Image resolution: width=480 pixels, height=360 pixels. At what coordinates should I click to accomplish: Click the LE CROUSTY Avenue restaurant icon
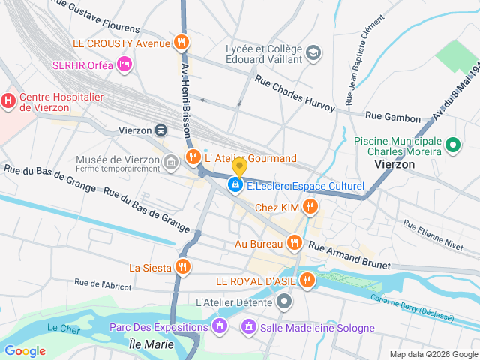coord(180,43)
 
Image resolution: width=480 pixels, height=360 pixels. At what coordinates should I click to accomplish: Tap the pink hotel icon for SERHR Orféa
coord(124,65)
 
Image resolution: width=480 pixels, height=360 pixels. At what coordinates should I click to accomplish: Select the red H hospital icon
coord(8,99)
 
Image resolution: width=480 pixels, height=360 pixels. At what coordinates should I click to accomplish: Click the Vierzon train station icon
coord(161,130)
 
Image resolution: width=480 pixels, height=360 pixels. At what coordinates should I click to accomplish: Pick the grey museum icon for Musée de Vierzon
coord(170,162)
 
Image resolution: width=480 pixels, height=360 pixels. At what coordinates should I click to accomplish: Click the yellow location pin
coord(239,167)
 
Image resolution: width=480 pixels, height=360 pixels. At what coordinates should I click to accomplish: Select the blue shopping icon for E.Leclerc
coord(235,184)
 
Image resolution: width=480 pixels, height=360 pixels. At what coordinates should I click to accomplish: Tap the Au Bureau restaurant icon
coord(294,242)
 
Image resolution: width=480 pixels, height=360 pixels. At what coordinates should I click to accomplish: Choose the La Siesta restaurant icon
coord(182,266)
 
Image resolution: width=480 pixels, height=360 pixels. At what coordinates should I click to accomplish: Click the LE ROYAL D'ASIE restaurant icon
coord(307,280)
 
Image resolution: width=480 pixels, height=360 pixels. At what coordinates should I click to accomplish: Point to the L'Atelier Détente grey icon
coord(284,302)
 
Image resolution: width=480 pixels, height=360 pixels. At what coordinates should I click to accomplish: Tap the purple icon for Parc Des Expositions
coord(219,326)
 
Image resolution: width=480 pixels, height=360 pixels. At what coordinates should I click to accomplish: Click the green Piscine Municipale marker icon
coord(453,145)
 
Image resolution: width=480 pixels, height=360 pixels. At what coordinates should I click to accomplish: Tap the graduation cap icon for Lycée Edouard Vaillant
coord(313,53)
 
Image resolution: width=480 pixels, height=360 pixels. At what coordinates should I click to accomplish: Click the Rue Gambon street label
coord(392,115)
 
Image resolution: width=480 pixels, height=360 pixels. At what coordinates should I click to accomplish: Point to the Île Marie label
coord(151,344)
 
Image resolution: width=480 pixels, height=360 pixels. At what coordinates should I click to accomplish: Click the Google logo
coord(25,350)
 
